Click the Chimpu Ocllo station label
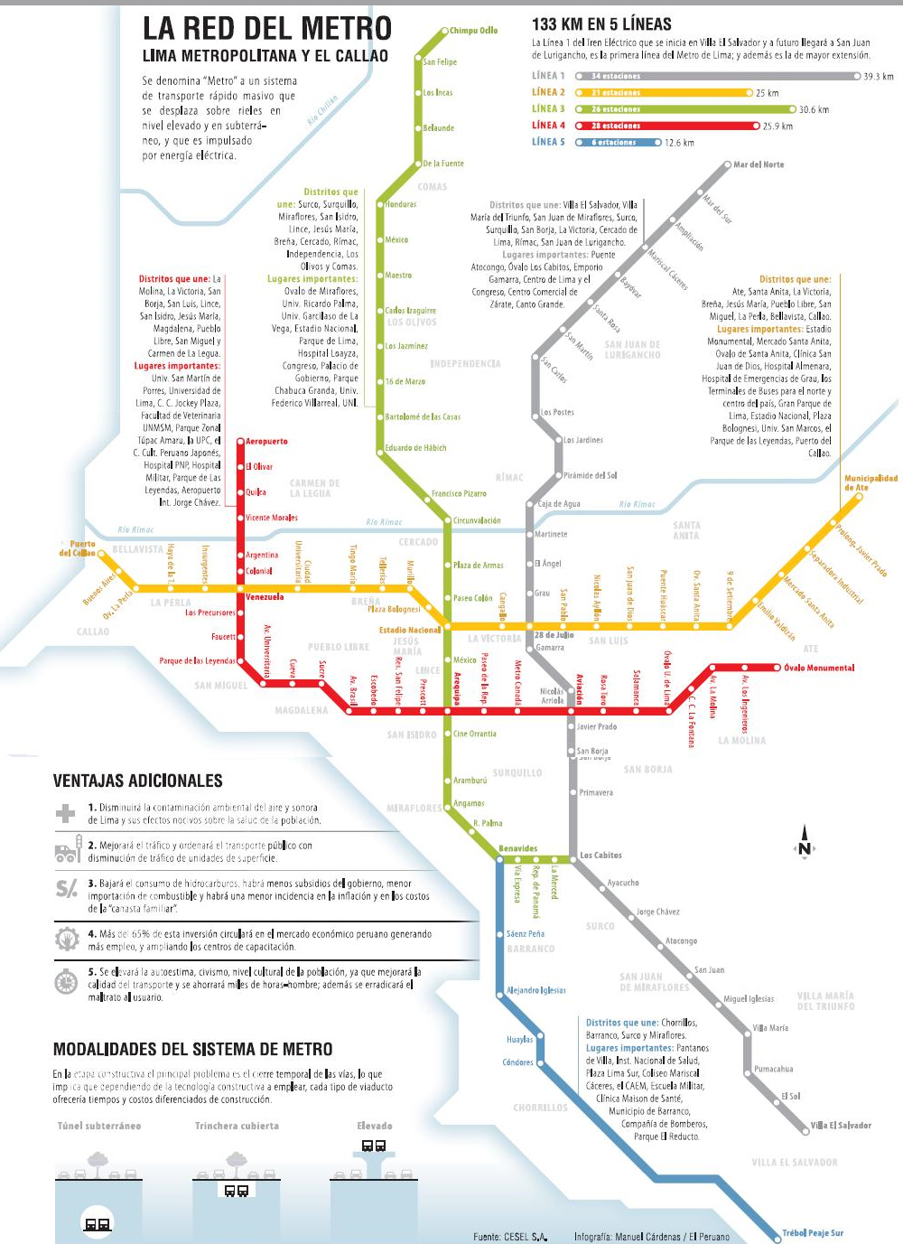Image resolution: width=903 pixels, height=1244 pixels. pyautogui.click(x=473, y=31)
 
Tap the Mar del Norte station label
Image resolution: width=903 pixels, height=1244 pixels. pyautogui.click(x=758, y=164)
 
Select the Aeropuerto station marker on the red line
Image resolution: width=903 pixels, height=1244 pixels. pyautogui.click(x=240, y=442)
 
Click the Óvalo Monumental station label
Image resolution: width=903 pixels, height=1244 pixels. pyautogui.click(x=818, y=668)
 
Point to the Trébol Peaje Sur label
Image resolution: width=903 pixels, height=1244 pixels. pyautogui.click(x=812, y=1232)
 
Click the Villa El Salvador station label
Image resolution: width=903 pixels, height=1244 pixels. pyautogui.click(x=841, y=1126)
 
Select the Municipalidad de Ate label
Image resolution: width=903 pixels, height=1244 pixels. pyautogui.click(x=870, y=482)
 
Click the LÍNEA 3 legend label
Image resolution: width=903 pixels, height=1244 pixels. pyautogui.click(x=548, y=108)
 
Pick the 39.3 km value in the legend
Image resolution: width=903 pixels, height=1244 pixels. pyautogui.click(x=878, y=77)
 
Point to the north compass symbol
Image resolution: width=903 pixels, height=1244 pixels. pyautogui.click(x=804, y=844)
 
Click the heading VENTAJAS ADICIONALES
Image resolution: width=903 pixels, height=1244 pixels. pyautogui.click(x=137, y=781)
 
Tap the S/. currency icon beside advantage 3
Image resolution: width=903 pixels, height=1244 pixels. pyautogui.click(x=67, y=889)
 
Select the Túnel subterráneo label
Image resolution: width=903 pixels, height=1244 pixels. pyautogui.click(x=99, y=1126)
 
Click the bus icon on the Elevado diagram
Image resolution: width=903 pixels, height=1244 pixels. pyautogui.click(x=374, y=1146)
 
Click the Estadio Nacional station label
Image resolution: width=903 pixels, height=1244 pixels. pyautogui.click(x=410, y=630)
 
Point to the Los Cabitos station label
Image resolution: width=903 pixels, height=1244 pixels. pyautogui.click(x=600, y=855)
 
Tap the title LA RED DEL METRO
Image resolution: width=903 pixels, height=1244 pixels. pyautogui.click(x=267, y=29)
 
